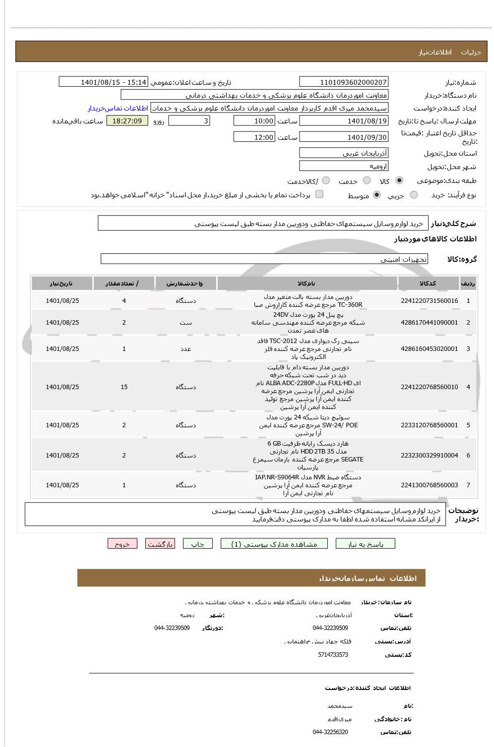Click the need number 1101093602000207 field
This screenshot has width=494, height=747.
tap(344, 82)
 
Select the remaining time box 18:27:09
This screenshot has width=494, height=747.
tap(127, 121)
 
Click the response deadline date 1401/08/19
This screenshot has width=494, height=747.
tap(344, 121)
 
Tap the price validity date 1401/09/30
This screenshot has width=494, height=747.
tap(344, 137)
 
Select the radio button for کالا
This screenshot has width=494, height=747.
tap(400, 180)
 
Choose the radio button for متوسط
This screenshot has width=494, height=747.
tap(377, 195)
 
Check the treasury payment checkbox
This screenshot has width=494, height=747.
tap(319, 194)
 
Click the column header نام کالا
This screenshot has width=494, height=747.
tap(307, 284)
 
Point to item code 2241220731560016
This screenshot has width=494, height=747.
tap(429, 301)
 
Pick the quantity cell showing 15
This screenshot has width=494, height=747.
tap(124, 387)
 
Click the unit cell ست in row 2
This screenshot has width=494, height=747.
tap(185, 323)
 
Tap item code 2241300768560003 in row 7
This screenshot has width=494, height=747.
tap(429, 485)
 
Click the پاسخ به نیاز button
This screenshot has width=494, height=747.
tap(366, 544)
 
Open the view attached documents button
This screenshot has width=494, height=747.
tap(274, 544)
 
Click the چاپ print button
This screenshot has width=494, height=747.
tap(198, 544)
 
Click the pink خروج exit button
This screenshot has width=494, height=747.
tap(122, 544)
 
